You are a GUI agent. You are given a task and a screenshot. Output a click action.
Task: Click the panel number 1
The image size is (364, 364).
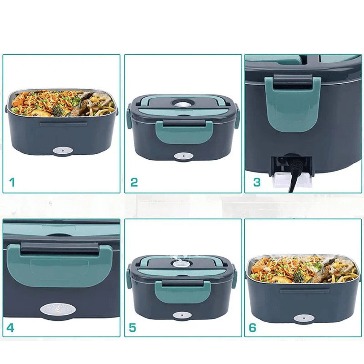pyautogui.click(x=12, y=183)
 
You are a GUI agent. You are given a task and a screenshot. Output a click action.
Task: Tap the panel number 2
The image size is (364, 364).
pyautogui.click(x=134, y=183)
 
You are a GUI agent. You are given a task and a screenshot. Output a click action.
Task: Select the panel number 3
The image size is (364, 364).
pyautogui.click(x=257, y=183)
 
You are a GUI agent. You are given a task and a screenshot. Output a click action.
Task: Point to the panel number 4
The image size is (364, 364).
pyautogui.click(x=10, y=327)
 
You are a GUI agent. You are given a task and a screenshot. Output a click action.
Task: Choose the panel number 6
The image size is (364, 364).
pyautogui.click(x=252, y=327)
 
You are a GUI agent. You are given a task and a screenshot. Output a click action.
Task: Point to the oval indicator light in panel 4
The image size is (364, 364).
pyautogui.click(x=57, y=308)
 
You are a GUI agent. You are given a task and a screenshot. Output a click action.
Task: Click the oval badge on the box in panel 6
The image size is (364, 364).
pyautogui.click(x=304, y=318)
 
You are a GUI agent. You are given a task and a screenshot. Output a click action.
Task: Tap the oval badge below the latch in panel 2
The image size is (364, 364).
pyautogui.click(x=184, y=156)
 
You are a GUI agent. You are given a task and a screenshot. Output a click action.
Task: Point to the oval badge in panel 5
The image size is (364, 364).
pyautogui.click(x=182, y=315)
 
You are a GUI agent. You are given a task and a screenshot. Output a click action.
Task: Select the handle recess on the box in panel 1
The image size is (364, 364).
pyautogui.click(x=63, y=124)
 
